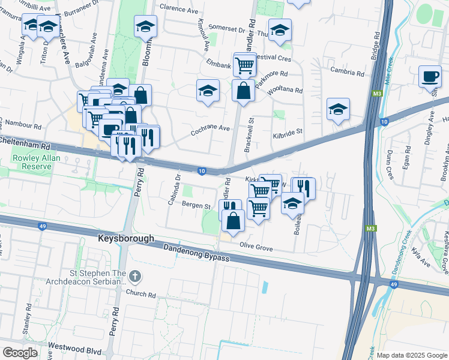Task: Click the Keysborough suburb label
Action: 126,238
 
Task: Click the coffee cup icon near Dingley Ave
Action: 429,76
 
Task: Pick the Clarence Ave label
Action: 179,11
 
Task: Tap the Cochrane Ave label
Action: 211,128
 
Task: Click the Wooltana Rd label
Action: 285,91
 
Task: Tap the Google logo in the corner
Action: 20,353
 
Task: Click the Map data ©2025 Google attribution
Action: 412,355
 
